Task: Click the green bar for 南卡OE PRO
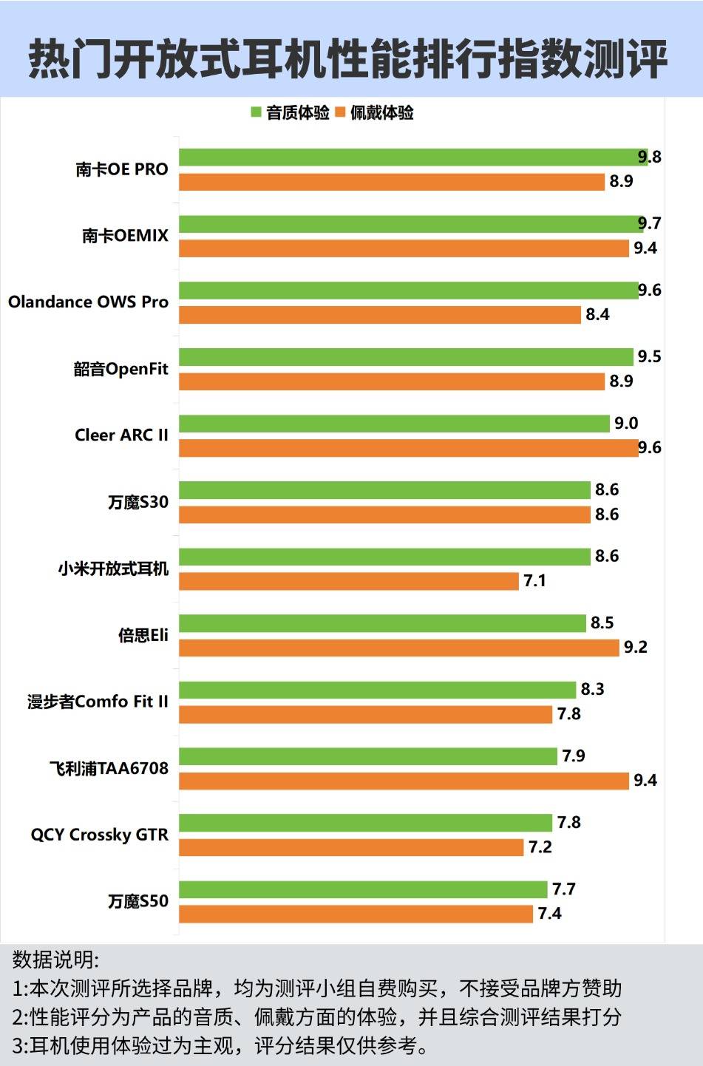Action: point(412,157)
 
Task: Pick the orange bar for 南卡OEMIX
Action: point(404,248)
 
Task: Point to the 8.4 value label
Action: point(597,315)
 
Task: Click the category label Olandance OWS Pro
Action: point(88,302)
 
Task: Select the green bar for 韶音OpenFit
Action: point(406,356)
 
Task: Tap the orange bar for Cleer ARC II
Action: point(408,448)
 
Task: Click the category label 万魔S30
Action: point(138,502)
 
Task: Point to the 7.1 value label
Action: point(534,581)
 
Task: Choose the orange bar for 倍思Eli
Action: point(398,648)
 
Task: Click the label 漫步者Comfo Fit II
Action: point(98,702)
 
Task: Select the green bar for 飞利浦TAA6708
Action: point(367,756)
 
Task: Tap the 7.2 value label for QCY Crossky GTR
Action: point(540,847)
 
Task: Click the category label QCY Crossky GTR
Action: point(99,835)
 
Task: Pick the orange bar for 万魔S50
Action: point(356,914)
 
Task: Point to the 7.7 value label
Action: point(563,889)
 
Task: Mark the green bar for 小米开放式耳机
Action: point(384,556)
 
